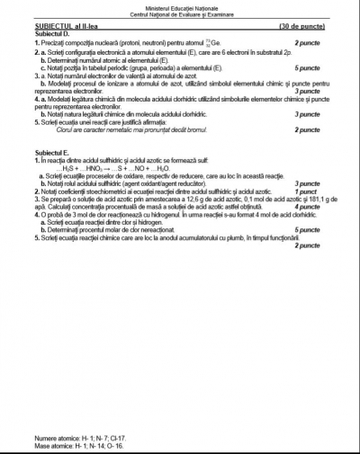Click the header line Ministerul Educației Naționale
180,8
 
